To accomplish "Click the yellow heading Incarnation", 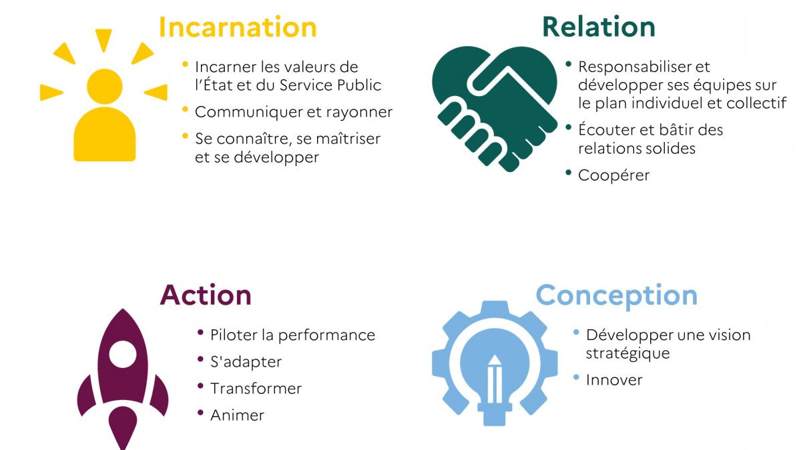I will tap(237, 27).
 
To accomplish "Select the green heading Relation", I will tap(598, 27).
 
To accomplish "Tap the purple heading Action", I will tap(206, 295).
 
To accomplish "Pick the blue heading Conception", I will tap(616, 295).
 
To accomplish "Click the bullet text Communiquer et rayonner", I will tap(293, 112).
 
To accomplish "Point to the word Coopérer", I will tap(613, 175).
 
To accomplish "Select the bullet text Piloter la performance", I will tap(292, 335).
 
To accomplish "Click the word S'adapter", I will tap(246, 361).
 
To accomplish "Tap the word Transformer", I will tap(256, 388).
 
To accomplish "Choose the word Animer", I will tap(237, 415).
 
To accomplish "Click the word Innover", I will tap(614, 380).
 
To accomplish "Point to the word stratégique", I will tap(627, 353).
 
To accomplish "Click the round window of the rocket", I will tap(122, 353).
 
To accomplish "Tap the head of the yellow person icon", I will tap(104, 85).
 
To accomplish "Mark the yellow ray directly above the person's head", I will tap(103, 39).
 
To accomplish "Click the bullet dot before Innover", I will tap(576, 377).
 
